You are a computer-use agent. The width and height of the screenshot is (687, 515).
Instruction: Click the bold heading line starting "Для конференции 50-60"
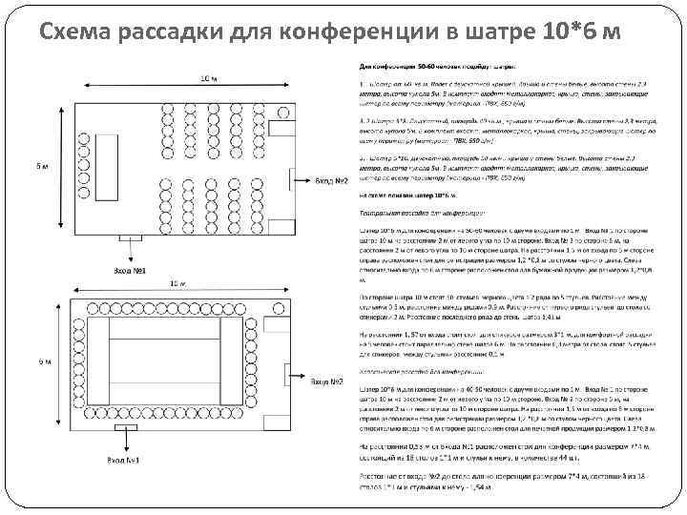[439, 68]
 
